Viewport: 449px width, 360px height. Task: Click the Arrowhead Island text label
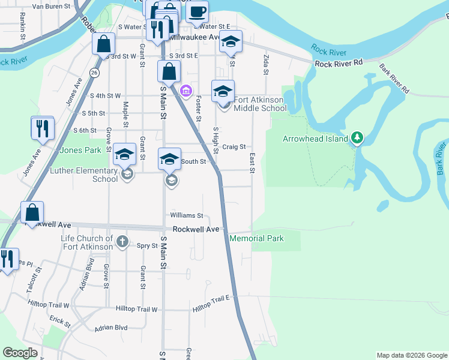(x=315, y=139)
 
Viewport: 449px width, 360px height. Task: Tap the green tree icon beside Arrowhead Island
(x=357, y=138)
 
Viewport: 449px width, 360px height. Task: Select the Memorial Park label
(x=256, y=238)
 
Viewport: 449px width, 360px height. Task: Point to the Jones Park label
(x=79, y=150)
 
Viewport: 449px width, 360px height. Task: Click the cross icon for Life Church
(x=122, y=242)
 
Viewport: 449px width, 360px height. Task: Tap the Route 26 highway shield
(x=94, y=72)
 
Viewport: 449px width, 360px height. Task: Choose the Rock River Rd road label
(x=339, y=63)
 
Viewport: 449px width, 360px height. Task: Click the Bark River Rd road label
(x=394, y=79)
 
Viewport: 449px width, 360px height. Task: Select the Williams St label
(x=187, y=215)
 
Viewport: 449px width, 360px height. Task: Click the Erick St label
(x=61, y=320)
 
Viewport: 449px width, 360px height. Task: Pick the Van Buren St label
(x=51, y=7)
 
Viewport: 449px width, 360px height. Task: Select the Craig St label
(x=234, y=146)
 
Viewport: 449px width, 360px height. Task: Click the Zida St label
(x=265, y=63)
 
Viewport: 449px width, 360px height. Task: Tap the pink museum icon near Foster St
(x=186, y=91)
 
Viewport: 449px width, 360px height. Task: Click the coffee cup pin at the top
(x=197, y=11)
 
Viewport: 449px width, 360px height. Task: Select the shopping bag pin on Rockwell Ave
(x=32, y=212)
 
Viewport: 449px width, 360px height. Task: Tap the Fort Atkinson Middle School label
(x=260, y=104)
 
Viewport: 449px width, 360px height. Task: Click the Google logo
(x=20, y=353)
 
